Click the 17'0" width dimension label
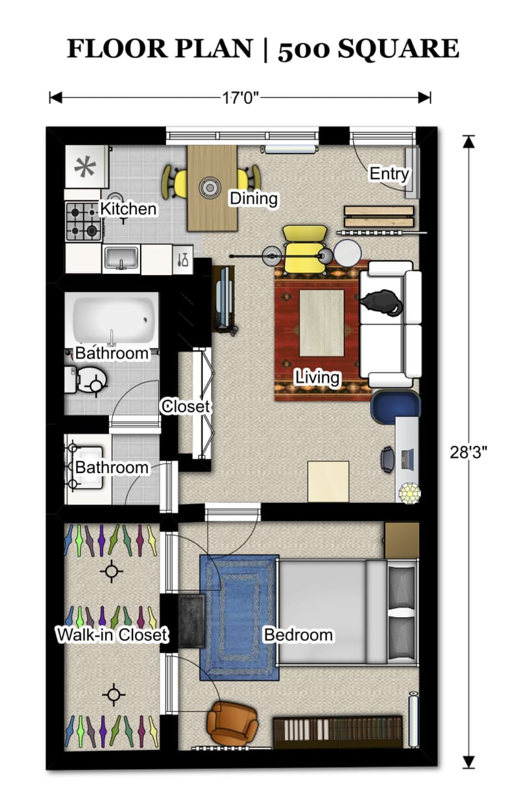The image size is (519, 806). click(241, 98)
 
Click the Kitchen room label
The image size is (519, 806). click(128, 209)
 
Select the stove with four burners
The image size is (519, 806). click(84, 221)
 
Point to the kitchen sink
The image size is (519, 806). click(121, 258)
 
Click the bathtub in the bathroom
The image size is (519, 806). click(115, 318)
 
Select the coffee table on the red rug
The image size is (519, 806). click(321, 323)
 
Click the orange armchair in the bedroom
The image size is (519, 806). click(230, 723)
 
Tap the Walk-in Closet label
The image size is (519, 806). click(112, 635)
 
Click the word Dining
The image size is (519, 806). click(254, 199)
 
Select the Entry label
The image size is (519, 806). click(389, 174)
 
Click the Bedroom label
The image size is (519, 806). click(298, 635)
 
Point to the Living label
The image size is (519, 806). click(317, 376)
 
